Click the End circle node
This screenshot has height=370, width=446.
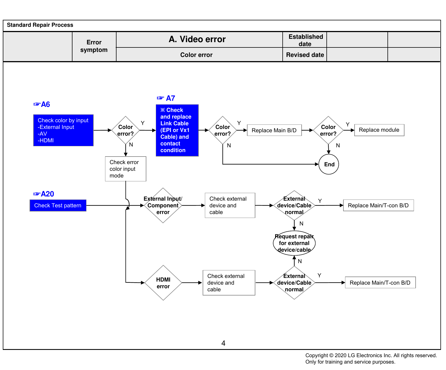click(329, 164)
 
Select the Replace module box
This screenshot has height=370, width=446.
click(379, 130)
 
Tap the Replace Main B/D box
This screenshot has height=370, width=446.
click(274, 130)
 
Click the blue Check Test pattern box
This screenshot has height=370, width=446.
click(58, 205)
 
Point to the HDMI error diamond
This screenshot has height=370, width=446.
click(163, 283)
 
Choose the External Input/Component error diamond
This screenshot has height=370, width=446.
click(163, 205)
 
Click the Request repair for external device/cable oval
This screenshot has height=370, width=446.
click(294, 243)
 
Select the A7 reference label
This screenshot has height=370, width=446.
click(166, 98)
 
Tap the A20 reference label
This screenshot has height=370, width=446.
click(44, 194)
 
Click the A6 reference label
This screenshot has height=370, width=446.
click(42, 104)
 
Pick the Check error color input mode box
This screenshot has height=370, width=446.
click(126, 169)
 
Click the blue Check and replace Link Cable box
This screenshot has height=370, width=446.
click(177, 130)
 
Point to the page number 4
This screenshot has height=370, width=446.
click(223, 343)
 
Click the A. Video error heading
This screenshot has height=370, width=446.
click(197, 39)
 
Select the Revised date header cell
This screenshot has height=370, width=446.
click(305, 55)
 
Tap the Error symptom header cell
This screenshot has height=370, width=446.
click(94, 46)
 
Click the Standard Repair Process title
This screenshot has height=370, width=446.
click(40, 25)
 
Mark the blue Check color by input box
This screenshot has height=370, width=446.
click(64, 130)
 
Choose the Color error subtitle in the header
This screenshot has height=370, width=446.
click(197, 55)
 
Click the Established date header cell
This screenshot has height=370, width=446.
click(305, 40)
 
